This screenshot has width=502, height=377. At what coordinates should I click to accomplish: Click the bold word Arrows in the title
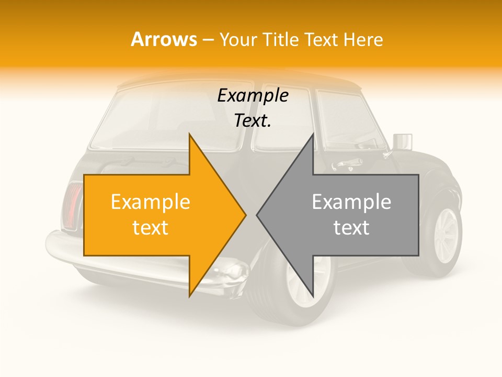click(164, 39)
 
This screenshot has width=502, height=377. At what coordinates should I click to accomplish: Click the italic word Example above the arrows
click(253, 96)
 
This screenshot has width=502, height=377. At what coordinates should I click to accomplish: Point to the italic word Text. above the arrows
click(253, 120)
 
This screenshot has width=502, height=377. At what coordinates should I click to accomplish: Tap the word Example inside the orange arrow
click(150, 202)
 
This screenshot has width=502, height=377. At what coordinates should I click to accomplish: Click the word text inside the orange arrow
click(150, 227)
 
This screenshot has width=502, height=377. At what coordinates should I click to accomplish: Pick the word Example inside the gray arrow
click(351, 202)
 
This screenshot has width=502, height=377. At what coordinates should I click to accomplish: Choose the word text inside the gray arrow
click(351, 227)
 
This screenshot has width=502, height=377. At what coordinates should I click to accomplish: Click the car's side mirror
click(402, 142)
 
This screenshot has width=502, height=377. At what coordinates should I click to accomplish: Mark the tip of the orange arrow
click(245, 215)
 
